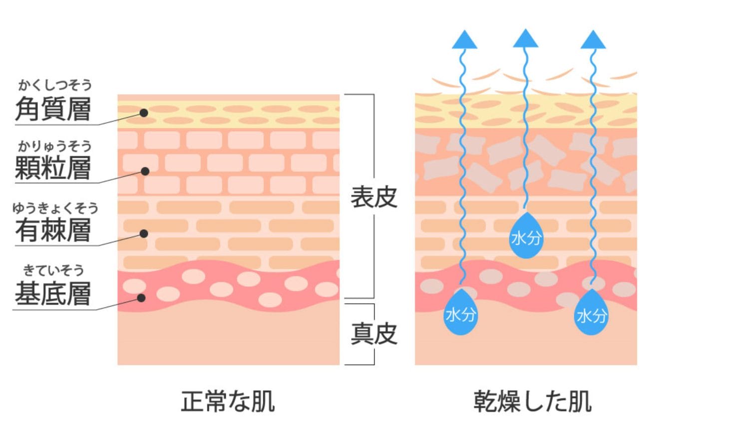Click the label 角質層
click(53, 109)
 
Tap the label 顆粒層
click(53, 168)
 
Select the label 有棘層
click(53, 230)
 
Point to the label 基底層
click(53, 293)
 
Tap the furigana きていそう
click(53, 271)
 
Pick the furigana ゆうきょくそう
click(55, 208)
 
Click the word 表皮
click(374, 197)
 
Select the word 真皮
click(374, 334)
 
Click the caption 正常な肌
click(228, 401)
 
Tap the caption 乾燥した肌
click(532, 401)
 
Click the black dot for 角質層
click(144, 113)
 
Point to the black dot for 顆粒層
click(145, 171)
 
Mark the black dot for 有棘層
click(144, 233)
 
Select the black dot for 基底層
click(141, 298)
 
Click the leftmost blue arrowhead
click(464, 40)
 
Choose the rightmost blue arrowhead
click(593, 40)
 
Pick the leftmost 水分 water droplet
click(460, 313)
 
